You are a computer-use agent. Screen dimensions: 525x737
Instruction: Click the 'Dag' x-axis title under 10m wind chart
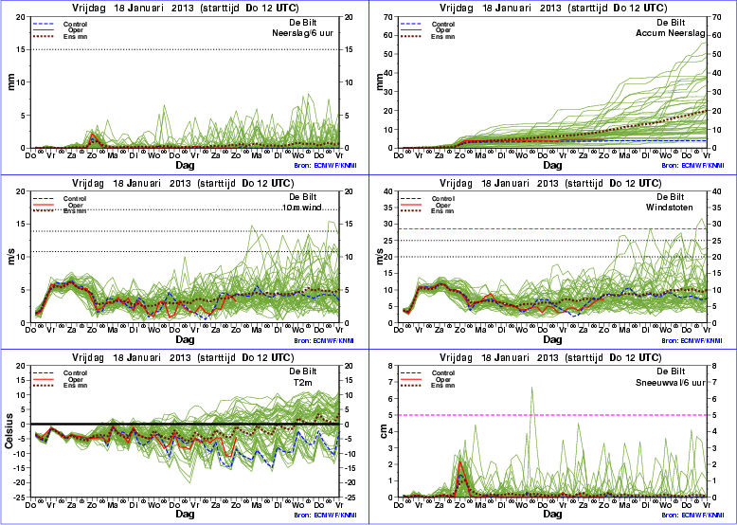[184, 338]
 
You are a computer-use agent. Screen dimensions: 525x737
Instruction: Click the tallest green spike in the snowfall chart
[531, 388]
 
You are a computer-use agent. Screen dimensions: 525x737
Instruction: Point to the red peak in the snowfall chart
[459, 462]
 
